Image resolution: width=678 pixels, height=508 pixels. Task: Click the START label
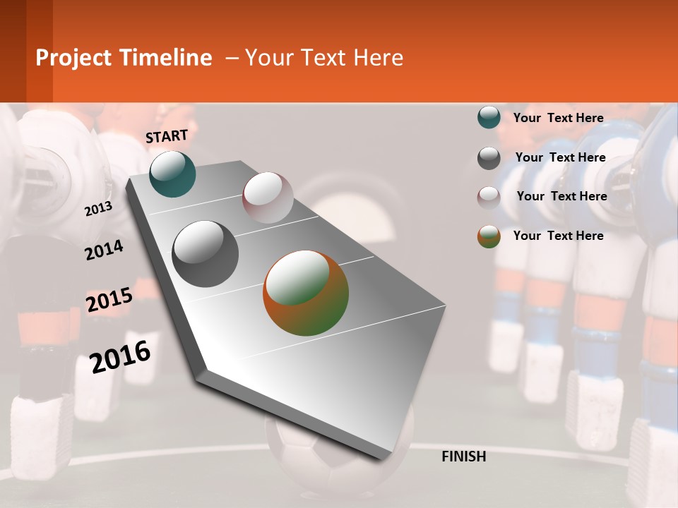167,136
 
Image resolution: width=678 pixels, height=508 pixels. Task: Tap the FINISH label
463,456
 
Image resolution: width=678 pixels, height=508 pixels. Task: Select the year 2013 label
98,209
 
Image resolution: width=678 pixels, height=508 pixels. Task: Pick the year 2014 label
104,250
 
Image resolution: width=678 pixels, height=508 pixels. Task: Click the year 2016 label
120,356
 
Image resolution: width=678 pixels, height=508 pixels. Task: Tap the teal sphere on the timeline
172,174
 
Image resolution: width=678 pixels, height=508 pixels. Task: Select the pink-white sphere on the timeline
268,198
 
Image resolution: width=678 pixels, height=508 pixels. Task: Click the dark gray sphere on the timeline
206,254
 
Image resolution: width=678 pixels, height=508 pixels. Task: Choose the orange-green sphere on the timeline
306,293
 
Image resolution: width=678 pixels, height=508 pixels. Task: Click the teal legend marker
489,117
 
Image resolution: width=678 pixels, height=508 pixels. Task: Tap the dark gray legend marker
489,158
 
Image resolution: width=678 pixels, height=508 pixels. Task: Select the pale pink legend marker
489,198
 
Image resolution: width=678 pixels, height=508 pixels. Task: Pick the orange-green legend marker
489,236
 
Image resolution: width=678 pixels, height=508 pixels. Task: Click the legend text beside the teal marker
558,118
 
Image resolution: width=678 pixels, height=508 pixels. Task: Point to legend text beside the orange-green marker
558,236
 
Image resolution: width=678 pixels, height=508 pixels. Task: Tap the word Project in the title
74,58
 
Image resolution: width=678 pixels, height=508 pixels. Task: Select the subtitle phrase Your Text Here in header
324,58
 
